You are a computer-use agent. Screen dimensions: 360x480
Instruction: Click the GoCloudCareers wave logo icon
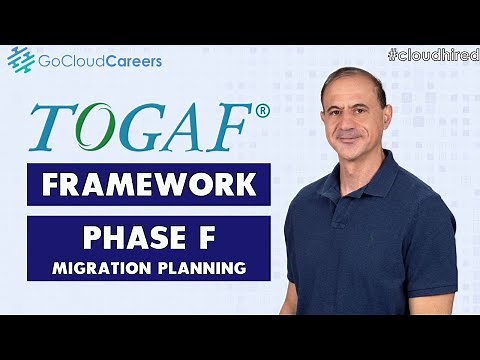(21, 60)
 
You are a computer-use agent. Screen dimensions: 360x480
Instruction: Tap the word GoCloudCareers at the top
(99, 61)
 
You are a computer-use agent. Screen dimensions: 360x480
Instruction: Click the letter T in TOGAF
(51, 126)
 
